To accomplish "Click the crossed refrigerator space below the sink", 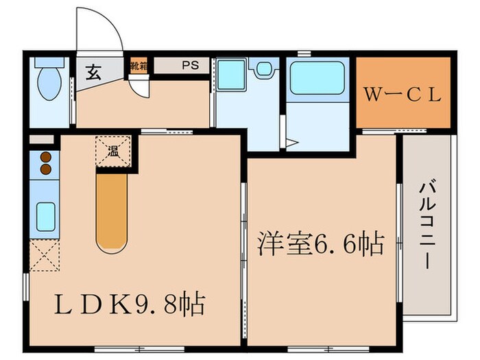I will coord(43,256).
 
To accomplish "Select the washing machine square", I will coord(231,75).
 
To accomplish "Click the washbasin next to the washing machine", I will coord(263,69).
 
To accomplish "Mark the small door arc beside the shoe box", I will coord(139,88).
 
